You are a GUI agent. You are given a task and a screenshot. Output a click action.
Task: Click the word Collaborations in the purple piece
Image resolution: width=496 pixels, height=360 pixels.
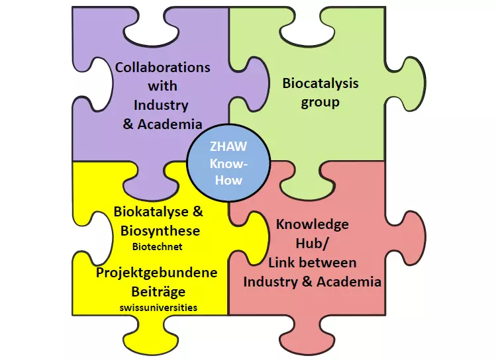pos(163,67)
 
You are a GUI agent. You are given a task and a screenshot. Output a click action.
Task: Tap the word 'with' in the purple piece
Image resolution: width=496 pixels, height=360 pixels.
pos(163,86)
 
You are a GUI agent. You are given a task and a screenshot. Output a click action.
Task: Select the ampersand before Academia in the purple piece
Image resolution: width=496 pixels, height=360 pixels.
pos(128,124)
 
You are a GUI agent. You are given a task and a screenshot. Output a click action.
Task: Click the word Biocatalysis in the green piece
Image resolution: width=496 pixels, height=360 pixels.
pos(321,83)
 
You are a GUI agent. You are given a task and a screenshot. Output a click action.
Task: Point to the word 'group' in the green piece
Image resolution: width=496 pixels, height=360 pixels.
pos(320,103)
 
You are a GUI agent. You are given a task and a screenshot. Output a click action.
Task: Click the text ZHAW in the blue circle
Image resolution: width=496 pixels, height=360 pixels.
pos(228,147)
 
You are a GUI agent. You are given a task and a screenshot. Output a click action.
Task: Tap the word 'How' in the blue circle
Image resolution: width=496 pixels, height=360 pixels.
pos(228,180)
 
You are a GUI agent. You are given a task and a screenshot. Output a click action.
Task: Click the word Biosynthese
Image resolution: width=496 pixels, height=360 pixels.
pos(160,231)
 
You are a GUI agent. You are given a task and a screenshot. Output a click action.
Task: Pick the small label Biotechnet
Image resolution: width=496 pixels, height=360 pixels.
pos(157,247)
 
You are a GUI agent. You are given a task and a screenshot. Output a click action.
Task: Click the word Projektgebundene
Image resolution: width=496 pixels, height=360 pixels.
pos(156,273)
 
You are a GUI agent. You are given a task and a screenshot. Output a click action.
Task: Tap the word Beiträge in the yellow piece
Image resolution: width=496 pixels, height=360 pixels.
pos(158,292)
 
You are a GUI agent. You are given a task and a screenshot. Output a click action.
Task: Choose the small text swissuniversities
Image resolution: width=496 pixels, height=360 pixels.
pos(158,308)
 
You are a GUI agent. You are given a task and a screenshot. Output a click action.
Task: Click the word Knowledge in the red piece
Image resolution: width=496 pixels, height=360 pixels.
pos(313,224)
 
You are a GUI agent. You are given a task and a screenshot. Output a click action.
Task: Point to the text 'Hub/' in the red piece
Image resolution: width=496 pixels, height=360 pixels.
pos(313,244)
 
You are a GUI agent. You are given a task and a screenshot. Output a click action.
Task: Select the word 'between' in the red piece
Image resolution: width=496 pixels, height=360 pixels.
pos(328,263)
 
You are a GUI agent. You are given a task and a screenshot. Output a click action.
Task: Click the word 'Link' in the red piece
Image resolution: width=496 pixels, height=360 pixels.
pos(281,263)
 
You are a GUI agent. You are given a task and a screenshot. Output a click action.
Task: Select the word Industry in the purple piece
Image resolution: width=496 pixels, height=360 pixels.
pos(161,106)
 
